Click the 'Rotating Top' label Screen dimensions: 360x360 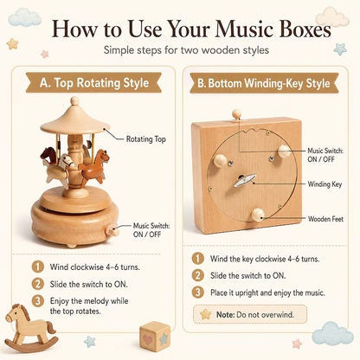(146, 139)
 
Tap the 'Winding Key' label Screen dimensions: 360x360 (325, 184)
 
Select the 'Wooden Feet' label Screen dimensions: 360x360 (325, 219)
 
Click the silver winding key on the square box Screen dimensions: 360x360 (245, 180)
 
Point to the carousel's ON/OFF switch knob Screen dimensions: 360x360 (112, 231)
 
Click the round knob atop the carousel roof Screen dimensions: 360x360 (74, 100)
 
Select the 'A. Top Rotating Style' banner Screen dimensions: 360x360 (93, 83)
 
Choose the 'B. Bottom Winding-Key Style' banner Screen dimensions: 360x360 (264, 83)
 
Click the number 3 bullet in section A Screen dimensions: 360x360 (38, 301)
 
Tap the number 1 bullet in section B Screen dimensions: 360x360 (198, 259)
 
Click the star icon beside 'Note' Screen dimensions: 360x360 (206, 314)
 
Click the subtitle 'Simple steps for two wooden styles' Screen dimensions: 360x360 (186, 50)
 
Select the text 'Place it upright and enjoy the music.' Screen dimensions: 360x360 (267, 292)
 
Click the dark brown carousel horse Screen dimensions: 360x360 (48, 155)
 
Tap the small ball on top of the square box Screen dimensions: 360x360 (236, 113)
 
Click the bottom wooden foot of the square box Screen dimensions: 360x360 (258, 215)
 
